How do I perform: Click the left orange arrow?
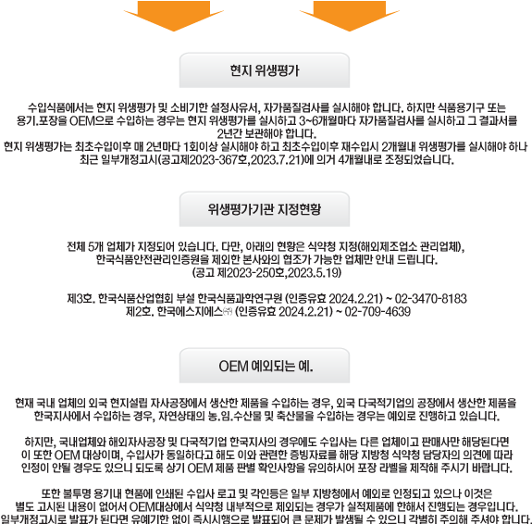[174, 16]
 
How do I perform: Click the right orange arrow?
[350, 16]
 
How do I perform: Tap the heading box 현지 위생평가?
[265, 70]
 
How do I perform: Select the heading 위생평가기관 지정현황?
[265, 209]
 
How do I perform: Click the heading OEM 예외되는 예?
[265, 366]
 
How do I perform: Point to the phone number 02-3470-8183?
[431, 298]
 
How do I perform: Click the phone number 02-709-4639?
[377, 312]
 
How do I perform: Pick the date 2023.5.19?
[313, 273]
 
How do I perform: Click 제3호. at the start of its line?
[81, 298]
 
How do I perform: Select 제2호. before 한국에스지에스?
[140, 312]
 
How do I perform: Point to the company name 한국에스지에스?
[190, 312]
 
